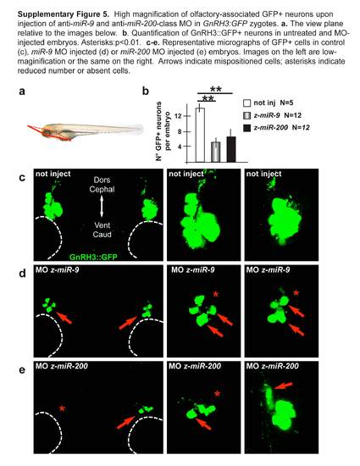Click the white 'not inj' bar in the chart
point(200,135)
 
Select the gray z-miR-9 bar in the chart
point(216,152)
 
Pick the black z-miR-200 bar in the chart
point(231,149)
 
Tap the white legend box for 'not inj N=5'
point(247,103)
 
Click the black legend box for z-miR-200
point(247,127)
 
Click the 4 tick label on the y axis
point(180,147)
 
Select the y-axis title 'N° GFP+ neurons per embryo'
point(163,131)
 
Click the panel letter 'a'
point(22,92)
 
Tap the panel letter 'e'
point(22,370)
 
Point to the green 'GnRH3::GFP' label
point(93,257)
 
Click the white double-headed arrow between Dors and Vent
point(102,206)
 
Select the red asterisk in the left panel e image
point(62,408)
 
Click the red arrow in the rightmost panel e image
point(283,386)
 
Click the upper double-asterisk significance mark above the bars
point(216,89)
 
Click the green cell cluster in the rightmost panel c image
point(284,218)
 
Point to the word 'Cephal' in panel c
point(102,189)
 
